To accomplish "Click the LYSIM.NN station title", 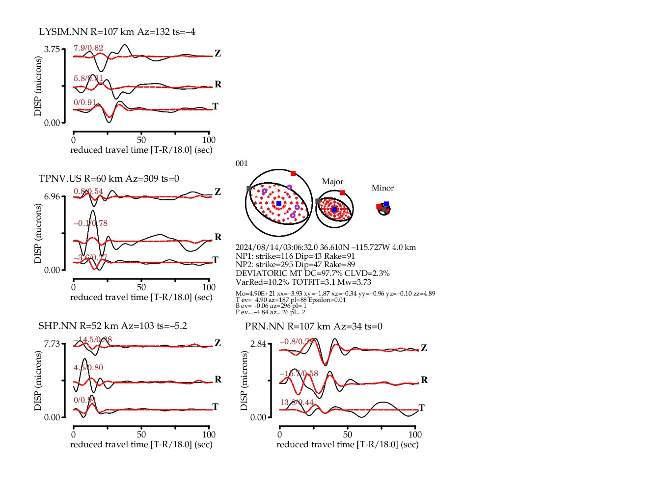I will pyautogui.click(x=117, y=32).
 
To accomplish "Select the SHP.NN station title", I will pyautogui.click(x=112, y=326).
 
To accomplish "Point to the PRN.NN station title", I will pyautogui.click(x=313, y=327).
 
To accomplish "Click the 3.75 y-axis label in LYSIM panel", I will pyautogui.click(x=52, y=49).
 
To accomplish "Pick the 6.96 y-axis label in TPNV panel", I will pyautogui.click(x=52, y=196).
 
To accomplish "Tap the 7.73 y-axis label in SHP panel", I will pyautogui.click(x=52, y=344).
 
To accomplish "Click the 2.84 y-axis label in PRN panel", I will pyautogui.click(x=258, y=344).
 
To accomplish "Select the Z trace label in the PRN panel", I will pyautogui.click(x=424, y=348).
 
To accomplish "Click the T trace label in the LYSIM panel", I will pyautogui.click(x=215, y=106).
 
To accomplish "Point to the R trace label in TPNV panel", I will pyautogui.click(x=218, y=237).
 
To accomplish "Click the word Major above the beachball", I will pyautogui.click(x=332, y=182).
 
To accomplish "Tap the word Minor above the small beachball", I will pyautogui.click(x=382, y=188).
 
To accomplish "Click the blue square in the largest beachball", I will pyautogui.click(x=279, y=204).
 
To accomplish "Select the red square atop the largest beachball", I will pyautogui.click(x=293, y=173).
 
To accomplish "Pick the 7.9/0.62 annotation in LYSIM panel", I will pyautogui.click(x=88, y=48).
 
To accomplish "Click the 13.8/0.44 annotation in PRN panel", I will pyautogui.click(x=297, y=403).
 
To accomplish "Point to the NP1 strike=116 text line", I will pyautogui.click(x=295, y=256).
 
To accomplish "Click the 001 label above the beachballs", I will pyautogui.click(x=242, y=164).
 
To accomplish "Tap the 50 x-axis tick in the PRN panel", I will pyautogui.click(x=348, y=435).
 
